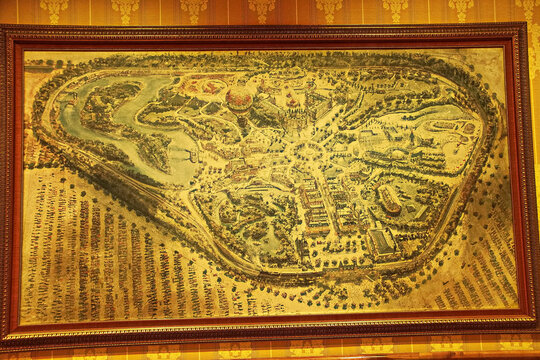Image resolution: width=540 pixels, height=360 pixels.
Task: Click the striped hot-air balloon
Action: click(x=239, y=96)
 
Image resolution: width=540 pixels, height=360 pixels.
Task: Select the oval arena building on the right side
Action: click(x=390, y=199)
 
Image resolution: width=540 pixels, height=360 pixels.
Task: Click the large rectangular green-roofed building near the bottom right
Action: click(x=379, y=240)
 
